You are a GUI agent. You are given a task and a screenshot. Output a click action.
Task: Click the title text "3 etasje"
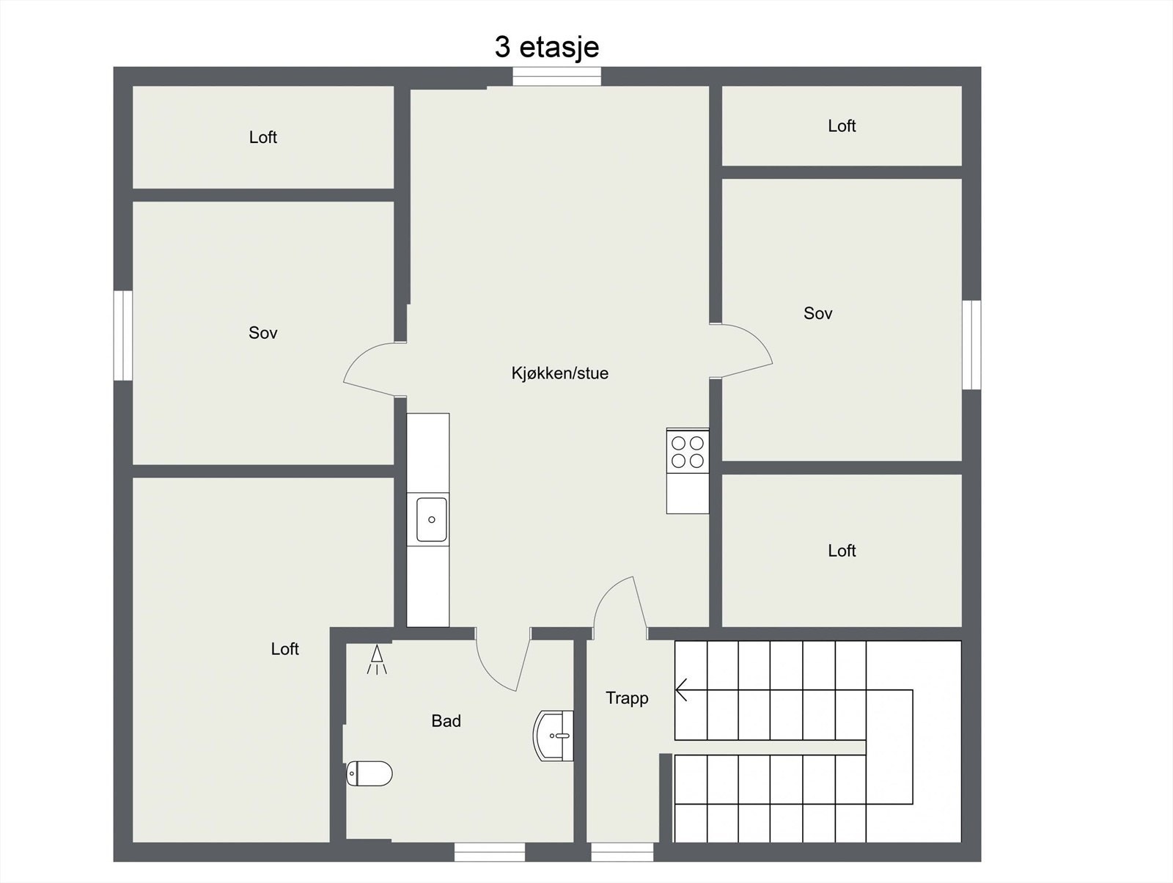point(547,47)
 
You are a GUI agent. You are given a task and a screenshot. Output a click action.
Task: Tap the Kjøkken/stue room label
point(559,373)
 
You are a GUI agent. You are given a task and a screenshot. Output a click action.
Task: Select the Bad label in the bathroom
point(446,721)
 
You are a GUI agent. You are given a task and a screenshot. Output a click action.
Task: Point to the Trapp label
point(627,698)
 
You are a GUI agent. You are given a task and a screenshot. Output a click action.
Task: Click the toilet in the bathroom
point(369,773)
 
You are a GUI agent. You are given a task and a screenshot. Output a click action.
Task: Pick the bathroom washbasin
point(554,735)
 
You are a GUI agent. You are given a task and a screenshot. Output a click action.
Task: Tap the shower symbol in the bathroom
point(377,659)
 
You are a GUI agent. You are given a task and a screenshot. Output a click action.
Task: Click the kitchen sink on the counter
point(431,519)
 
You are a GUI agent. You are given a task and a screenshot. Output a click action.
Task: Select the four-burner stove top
point(688,451)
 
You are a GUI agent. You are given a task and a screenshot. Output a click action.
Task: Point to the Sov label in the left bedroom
point(262,333)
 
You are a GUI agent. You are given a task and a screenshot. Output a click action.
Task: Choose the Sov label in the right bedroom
point(817,314)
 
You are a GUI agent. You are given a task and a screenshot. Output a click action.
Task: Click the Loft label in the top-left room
point(262,137)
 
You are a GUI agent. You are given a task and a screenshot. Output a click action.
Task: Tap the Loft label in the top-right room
point(842,126)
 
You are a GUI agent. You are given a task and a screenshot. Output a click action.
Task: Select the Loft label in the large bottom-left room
point(284,649)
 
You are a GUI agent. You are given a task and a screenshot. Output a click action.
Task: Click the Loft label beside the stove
point(842,551)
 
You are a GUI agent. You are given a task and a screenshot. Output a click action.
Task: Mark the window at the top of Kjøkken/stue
point(556,76)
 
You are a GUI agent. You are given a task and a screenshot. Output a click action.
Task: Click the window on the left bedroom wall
point(123,335)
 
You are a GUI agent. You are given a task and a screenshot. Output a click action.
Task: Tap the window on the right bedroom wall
point(971,344)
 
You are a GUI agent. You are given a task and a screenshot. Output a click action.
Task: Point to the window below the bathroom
point(489,851)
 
